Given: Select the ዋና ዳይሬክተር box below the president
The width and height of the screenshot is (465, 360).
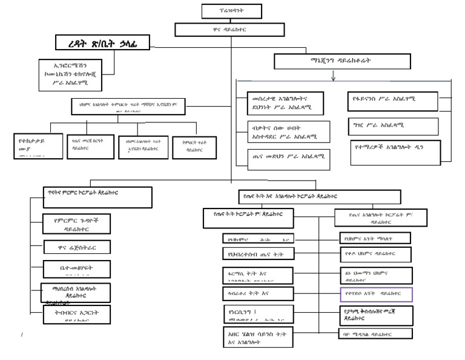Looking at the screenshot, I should pos(232,28).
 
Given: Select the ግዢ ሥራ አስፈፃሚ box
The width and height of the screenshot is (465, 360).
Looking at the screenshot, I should pos(392,125).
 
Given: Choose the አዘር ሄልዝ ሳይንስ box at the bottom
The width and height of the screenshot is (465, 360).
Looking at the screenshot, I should pos(258,337).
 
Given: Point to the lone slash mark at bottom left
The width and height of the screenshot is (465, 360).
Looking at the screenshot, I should pos(22,334).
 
